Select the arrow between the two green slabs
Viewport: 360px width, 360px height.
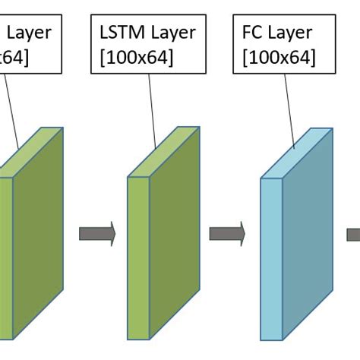[96, 233]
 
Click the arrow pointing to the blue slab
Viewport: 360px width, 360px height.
[227, 233]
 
